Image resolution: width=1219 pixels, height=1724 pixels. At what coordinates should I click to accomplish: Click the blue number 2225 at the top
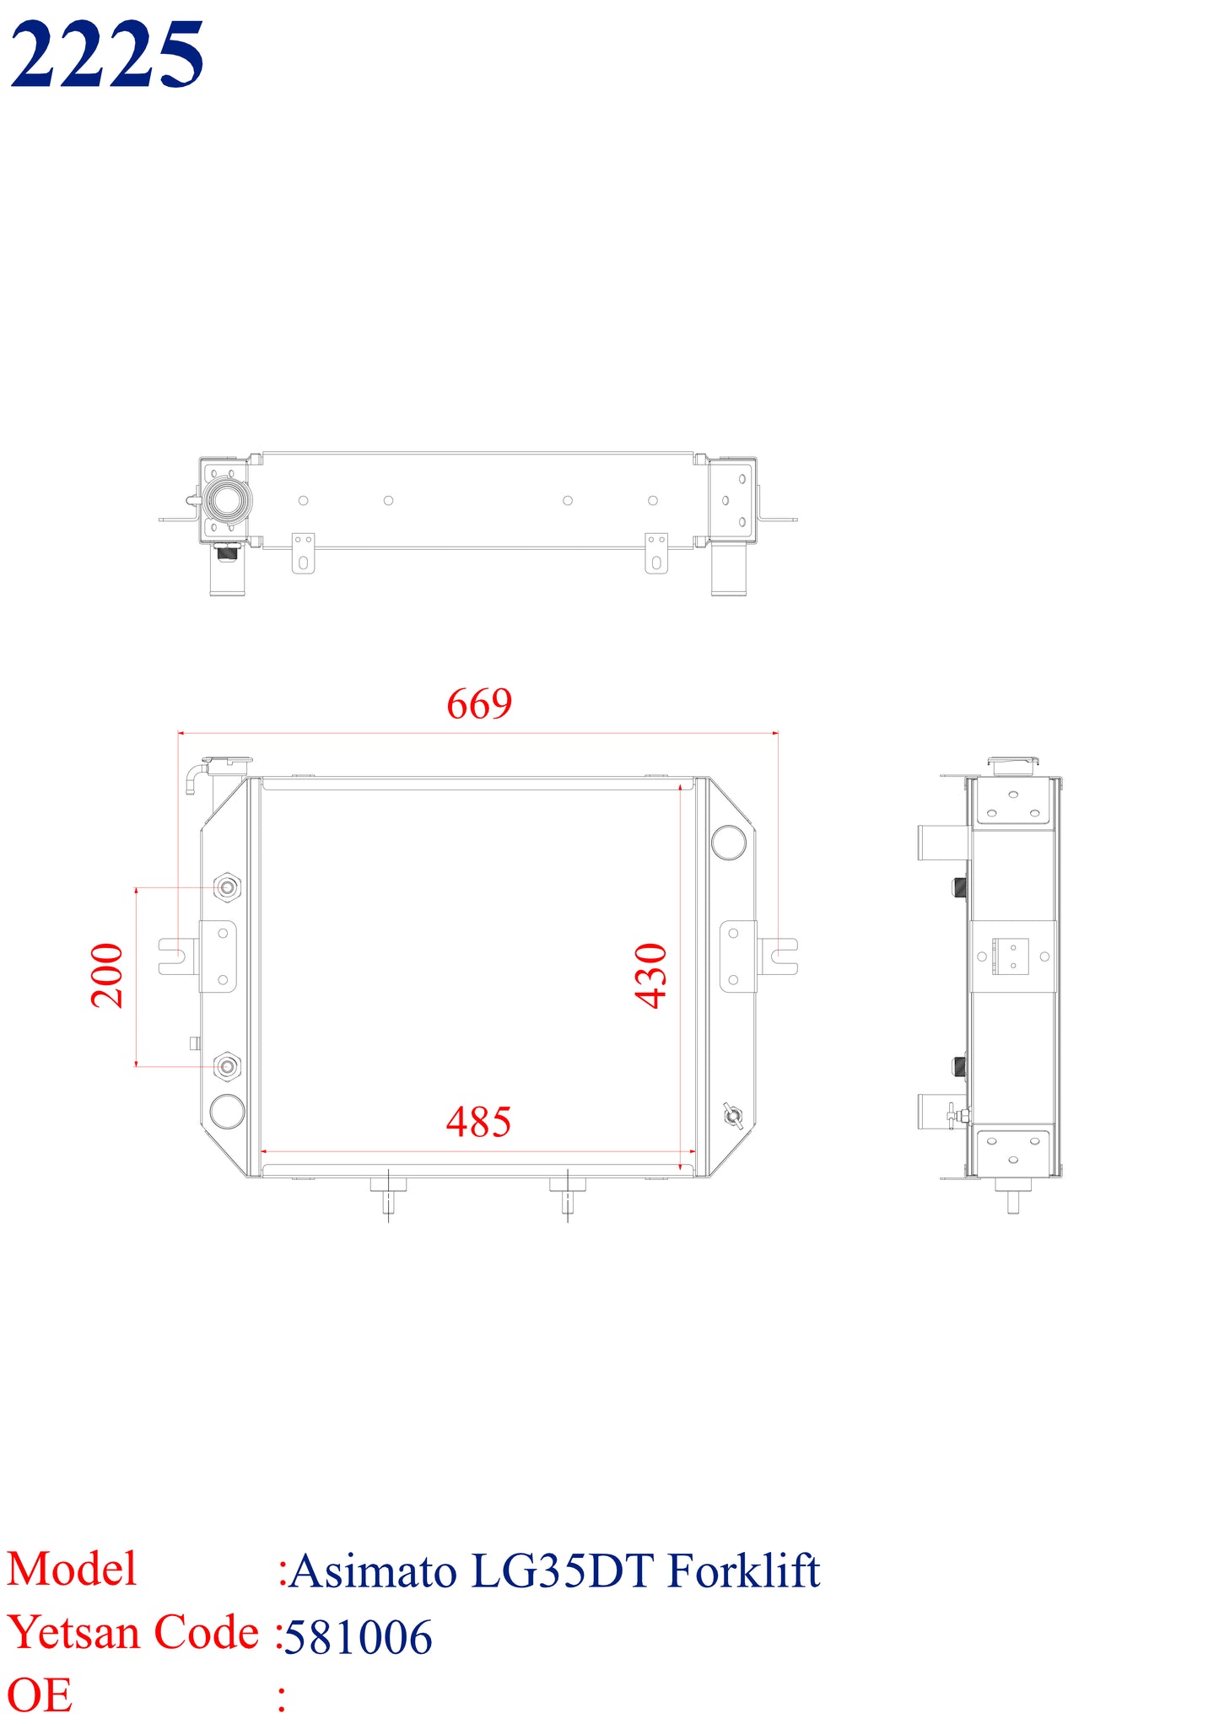pos(106,55)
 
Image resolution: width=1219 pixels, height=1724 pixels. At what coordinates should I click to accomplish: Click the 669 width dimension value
pos(479,703)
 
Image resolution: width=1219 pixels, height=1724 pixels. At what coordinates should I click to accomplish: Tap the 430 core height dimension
pos(651,976)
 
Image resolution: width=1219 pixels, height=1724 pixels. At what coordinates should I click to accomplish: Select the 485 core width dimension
pos(478,1122)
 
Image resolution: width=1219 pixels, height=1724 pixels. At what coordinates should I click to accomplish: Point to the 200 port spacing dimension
pos(107,976)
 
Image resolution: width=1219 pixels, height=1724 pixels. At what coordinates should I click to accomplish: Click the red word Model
pos(72,1570)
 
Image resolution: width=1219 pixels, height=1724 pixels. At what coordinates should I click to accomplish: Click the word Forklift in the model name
pos(743,1570)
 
